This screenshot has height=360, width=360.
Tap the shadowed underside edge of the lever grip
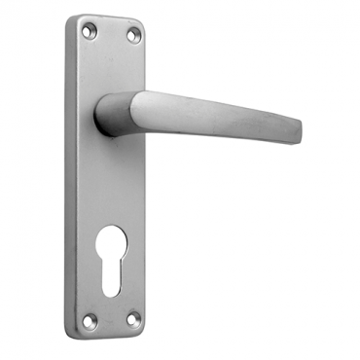(214, 132)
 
